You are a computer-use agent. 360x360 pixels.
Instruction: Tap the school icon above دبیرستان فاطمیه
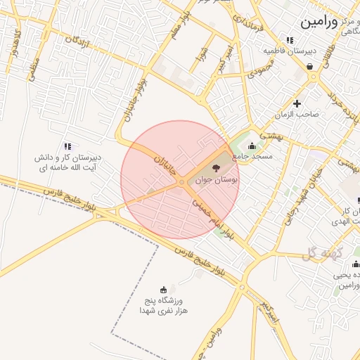[290, 40]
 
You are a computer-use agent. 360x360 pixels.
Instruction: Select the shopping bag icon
[310, 67]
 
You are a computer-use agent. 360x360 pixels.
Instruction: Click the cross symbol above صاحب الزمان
[297, 103]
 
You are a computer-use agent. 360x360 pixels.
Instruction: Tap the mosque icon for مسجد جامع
[252, 146]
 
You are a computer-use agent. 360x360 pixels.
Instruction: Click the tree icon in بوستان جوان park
[215, 168]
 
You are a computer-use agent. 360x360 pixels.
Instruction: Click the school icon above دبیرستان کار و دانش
[67, 146]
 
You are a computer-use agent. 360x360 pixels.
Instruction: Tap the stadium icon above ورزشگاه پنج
[164, 289]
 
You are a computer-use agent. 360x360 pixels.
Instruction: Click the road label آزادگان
[79, 44]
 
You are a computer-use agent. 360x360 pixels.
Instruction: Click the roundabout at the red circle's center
[181, 182]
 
